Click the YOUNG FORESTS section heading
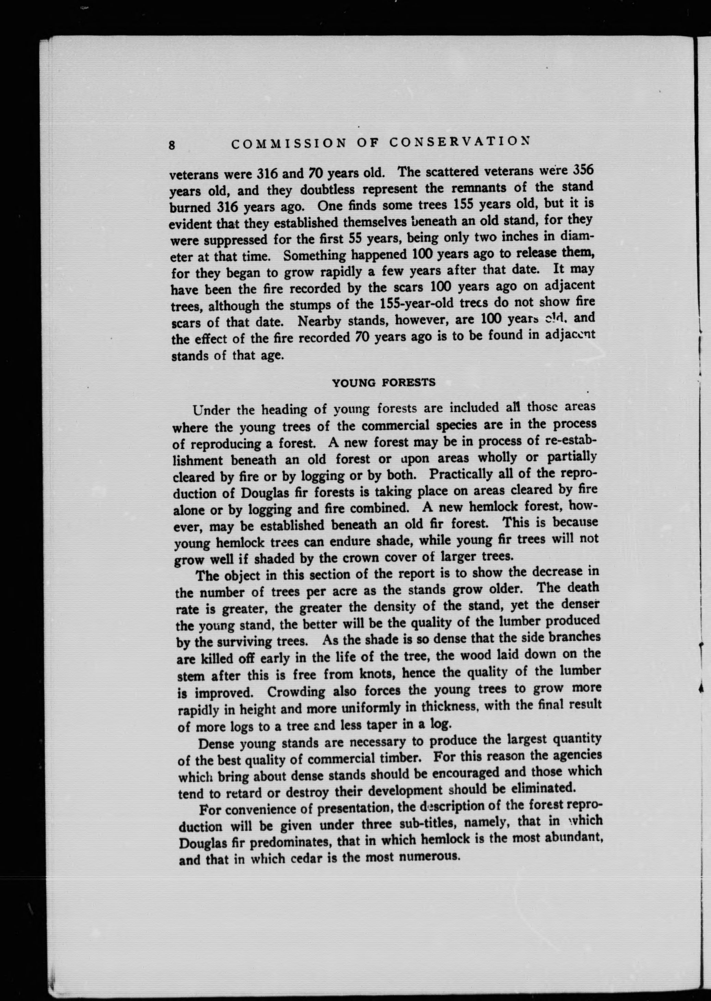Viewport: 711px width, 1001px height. click(384, 382)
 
